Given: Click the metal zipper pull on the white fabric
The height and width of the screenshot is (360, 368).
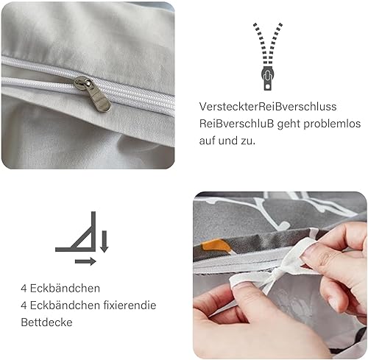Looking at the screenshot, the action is point(92,93).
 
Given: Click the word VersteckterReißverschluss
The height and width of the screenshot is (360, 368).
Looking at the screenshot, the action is point(268,107).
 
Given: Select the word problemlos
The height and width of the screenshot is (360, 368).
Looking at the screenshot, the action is point(332,124).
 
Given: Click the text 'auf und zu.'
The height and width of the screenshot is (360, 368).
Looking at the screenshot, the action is point(227,141).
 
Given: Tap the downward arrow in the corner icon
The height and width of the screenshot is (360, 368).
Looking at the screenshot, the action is point(105,241).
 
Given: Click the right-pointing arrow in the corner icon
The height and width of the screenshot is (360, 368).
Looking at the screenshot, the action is point(85,261).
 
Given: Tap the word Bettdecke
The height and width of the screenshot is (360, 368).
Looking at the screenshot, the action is point(46,322).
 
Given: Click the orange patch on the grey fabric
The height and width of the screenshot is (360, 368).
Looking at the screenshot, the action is point(216,246).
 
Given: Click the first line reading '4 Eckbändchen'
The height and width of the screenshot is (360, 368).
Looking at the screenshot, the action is point(60,288).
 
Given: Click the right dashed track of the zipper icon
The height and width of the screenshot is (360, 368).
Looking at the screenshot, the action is point(275,43).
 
